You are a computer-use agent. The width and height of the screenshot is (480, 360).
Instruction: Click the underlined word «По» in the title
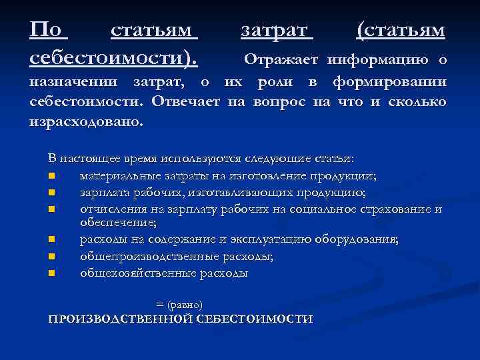click(x=47, y=30)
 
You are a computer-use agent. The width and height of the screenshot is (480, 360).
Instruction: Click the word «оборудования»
click(x=357, y=239)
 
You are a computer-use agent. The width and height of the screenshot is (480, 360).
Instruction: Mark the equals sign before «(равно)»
click(x=159, y=304)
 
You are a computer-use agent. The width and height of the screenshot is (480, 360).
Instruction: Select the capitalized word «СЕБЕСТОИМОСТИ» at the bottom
click(x=256, y=319)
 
